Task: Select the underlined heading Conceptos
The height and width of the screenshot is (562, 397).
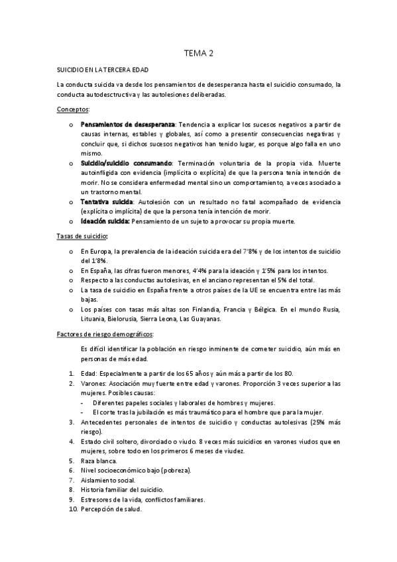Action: [74, 109]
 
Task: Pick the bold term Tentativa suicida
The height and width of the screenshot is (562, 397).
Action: [106, 201]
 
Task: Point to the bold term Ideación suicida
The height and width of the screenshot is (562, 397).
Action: [105, 221]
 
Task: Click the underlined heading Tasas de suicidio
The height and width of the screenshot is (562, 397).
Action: [83, 236]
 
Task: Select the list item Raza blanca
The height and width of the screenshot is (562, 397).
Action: [99, 460]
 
